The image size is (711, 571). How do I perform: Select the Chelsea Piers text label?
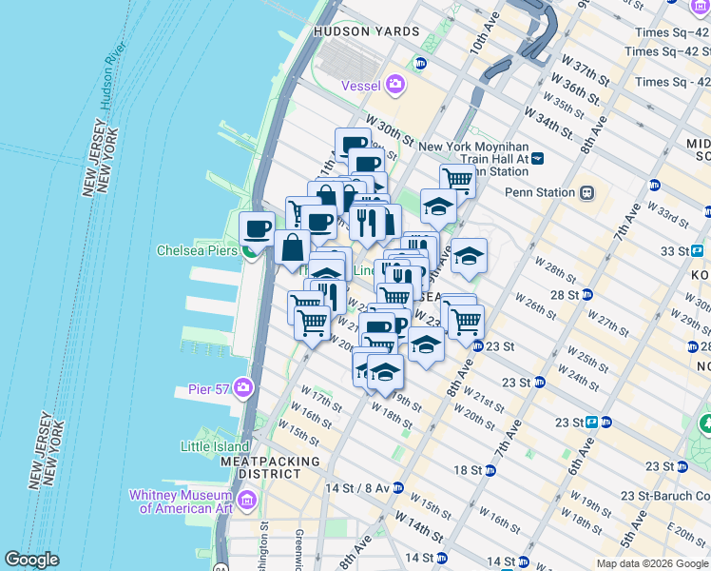[x=198, y=251]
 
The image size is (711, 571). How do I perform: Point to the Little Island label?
[x=215, y=445]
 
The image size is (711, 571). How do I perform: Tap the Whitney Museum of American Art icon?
[x=247, y=500]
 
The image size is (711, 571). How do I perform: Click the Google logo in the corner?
[x=31, y=560]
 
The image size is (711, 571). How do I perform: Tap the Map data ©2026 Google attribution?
[x=652, y=563]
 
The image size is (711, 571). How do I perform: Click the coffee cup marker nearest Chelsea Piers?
[x=257, y=228]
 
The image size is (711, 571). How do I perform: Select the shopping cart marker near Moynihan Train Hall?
[x=457, y=179]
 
